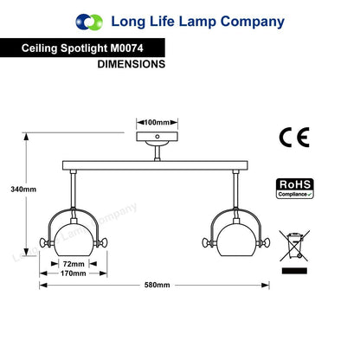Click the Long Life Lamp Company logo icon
89,22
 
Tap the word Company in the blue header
253,22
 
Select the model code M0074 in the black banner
126,48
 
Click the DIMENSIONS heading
132,64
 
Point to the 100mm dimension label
157,122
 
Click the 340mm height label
23,190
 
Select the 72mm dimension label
74,264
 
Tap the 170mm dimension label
74,273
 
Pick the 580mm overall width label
157,285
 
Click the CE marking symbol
294,138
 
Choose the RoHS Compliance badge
295,189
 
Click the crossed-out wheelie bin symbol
294,246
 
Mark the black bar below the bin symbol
294,271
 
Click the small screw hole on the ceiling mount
157,137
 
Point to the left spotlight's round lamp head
74,240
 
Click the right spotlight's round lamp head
236,240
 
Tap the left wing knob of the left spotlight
45,242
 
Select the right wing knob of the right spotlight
264,242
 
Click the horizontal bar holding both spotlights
155,165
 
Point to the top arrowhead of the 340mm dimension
26,136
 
